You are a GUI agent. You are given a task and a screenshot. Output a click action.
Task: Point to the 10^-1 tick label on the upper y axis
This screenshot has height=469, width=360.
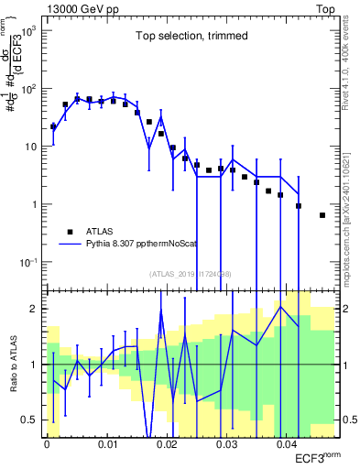point(30,262)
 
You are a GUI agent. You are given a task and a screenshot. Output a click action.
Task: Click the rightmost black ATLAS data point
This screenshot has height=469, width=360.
point(322,215)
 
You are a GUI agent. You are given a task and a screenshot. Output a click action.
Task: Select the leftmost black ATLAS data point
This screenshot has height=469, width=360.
point(53,126)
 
